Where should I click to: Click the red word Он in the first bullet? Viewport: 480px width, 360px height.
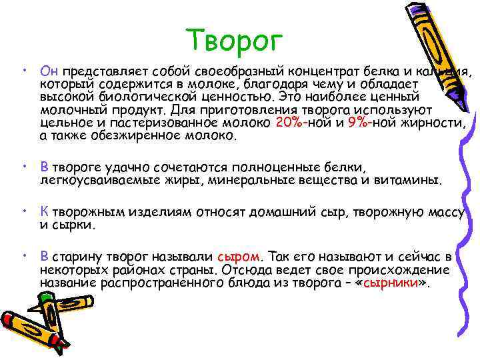50,70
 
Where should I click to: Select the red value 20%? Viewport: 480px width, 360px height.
288,123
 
